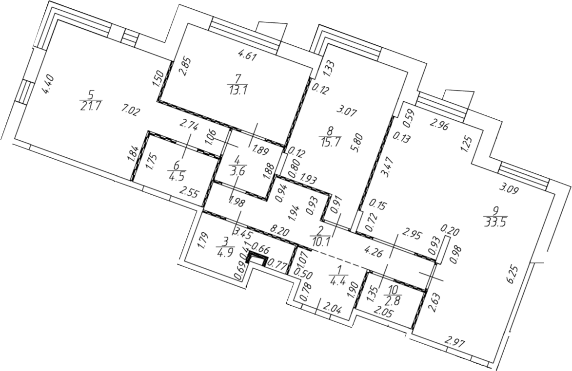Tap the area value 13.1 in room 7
(237, 89)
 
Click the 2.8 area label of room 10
(393, 301)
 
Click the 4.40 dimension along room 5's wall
(48, 84)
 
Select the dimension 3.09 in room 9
(509, 189)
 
